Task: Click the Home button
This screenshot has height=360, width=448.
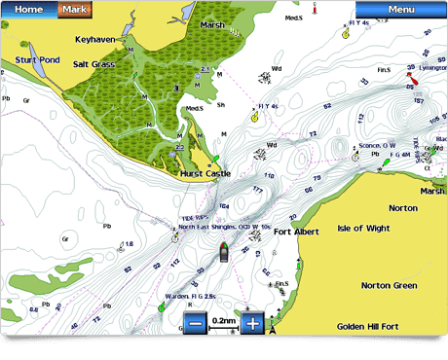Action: tap(29, 10)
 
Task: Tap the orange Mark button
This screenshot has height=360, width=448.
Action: tap(76, 10)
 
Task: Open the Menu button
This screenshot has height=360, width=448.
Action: tap(400, 10)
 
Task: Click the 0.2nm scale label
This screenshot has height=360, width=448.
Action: tap(224, 321)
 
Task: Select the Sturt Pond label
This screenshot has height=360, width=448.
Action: tap(37, 60)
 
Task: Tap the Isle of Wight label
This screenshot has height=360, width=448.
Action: tap(363, 228)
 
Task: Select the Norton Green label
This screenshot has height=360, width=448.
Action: tap(389, 286)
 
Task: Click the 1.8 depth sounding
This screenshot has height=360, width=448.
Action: tap(129, 244)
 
